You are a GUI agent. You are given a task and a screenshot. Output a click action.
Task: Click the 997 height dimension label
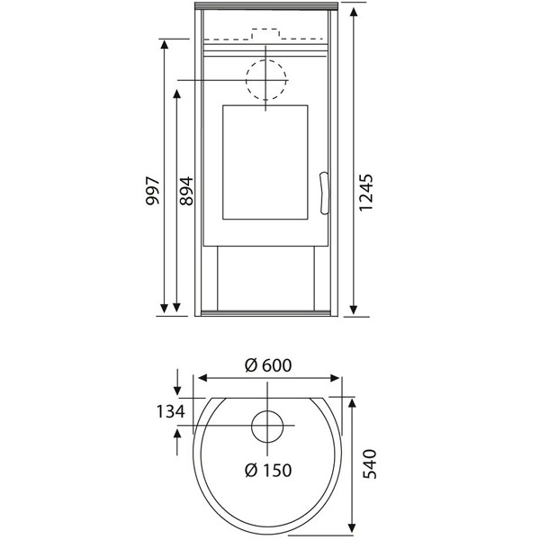153,191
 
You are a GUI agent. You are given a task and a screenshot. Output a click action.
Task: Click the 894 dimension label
186,191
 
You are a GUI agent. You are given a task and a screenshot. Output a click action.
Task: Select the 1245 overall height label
365,193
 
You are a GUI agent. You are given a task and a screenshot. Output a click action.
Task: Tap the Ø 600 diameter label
268,365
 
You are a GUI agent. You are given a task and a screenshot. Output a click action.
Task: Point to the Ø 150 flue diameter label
268,470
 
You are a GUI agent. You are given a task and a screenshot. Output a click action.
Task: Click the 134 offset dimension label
171,411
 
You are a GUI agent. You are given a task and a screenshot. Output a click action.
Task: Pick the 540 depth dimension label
370,463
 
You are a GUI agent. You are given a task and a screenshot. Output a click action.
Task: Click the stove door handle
324,193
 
